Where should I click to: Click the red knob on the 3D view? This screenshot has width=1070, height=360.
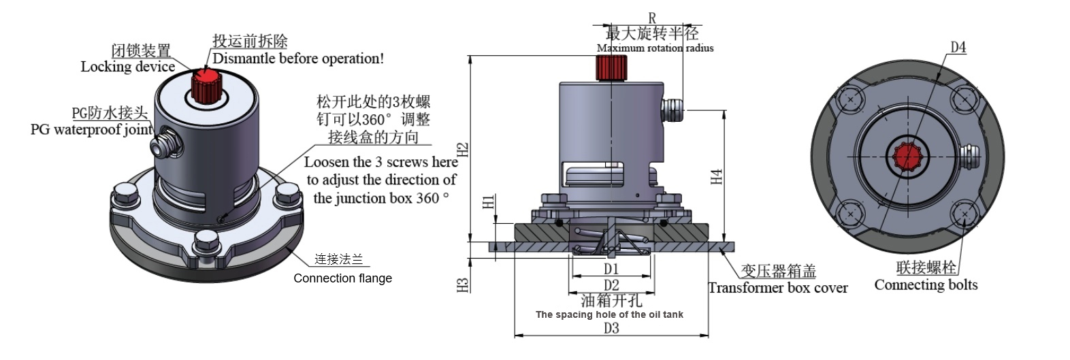tap(204, 84)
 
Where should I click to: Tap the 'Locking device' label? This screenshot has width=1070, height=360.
tap(127, 67)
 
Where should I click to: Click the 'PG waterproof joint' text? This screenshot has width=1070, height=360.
tap(91, 129)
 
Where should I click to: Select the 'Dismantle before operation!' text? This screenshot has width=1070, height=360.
tap(298, 59)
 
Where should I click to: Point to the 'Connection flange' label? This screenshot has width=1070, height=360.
tap(342, 278)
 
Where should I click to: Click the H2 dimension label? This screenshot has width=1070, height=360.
tap(462, 150)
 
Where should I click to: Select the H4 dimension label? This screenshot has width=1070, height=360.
tap(716, 177)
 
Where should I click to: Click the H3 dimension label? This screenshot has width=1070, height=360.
tap(463, 285)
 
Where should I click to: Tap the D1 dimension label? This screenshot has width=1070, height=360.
tap(611, 269)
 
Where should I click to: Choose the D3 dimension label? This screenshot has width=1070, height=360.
tap(611, 328)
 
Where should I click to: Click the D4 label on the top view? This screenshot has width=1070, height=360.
tap(958, 47)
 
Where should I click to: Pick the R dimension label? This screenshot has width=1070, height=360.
tap(651, 18)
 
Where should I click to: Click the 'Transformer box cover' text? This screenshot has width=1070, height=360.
tap(777, 288)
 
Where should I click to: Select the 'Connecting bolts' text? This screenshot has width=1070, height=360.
tap(926, 285)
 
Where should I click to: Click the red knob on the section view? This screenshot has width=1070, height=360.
tap(611, 67)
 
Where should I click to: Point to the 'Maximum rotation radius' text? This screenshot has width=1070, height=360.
tap(655, 48)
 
